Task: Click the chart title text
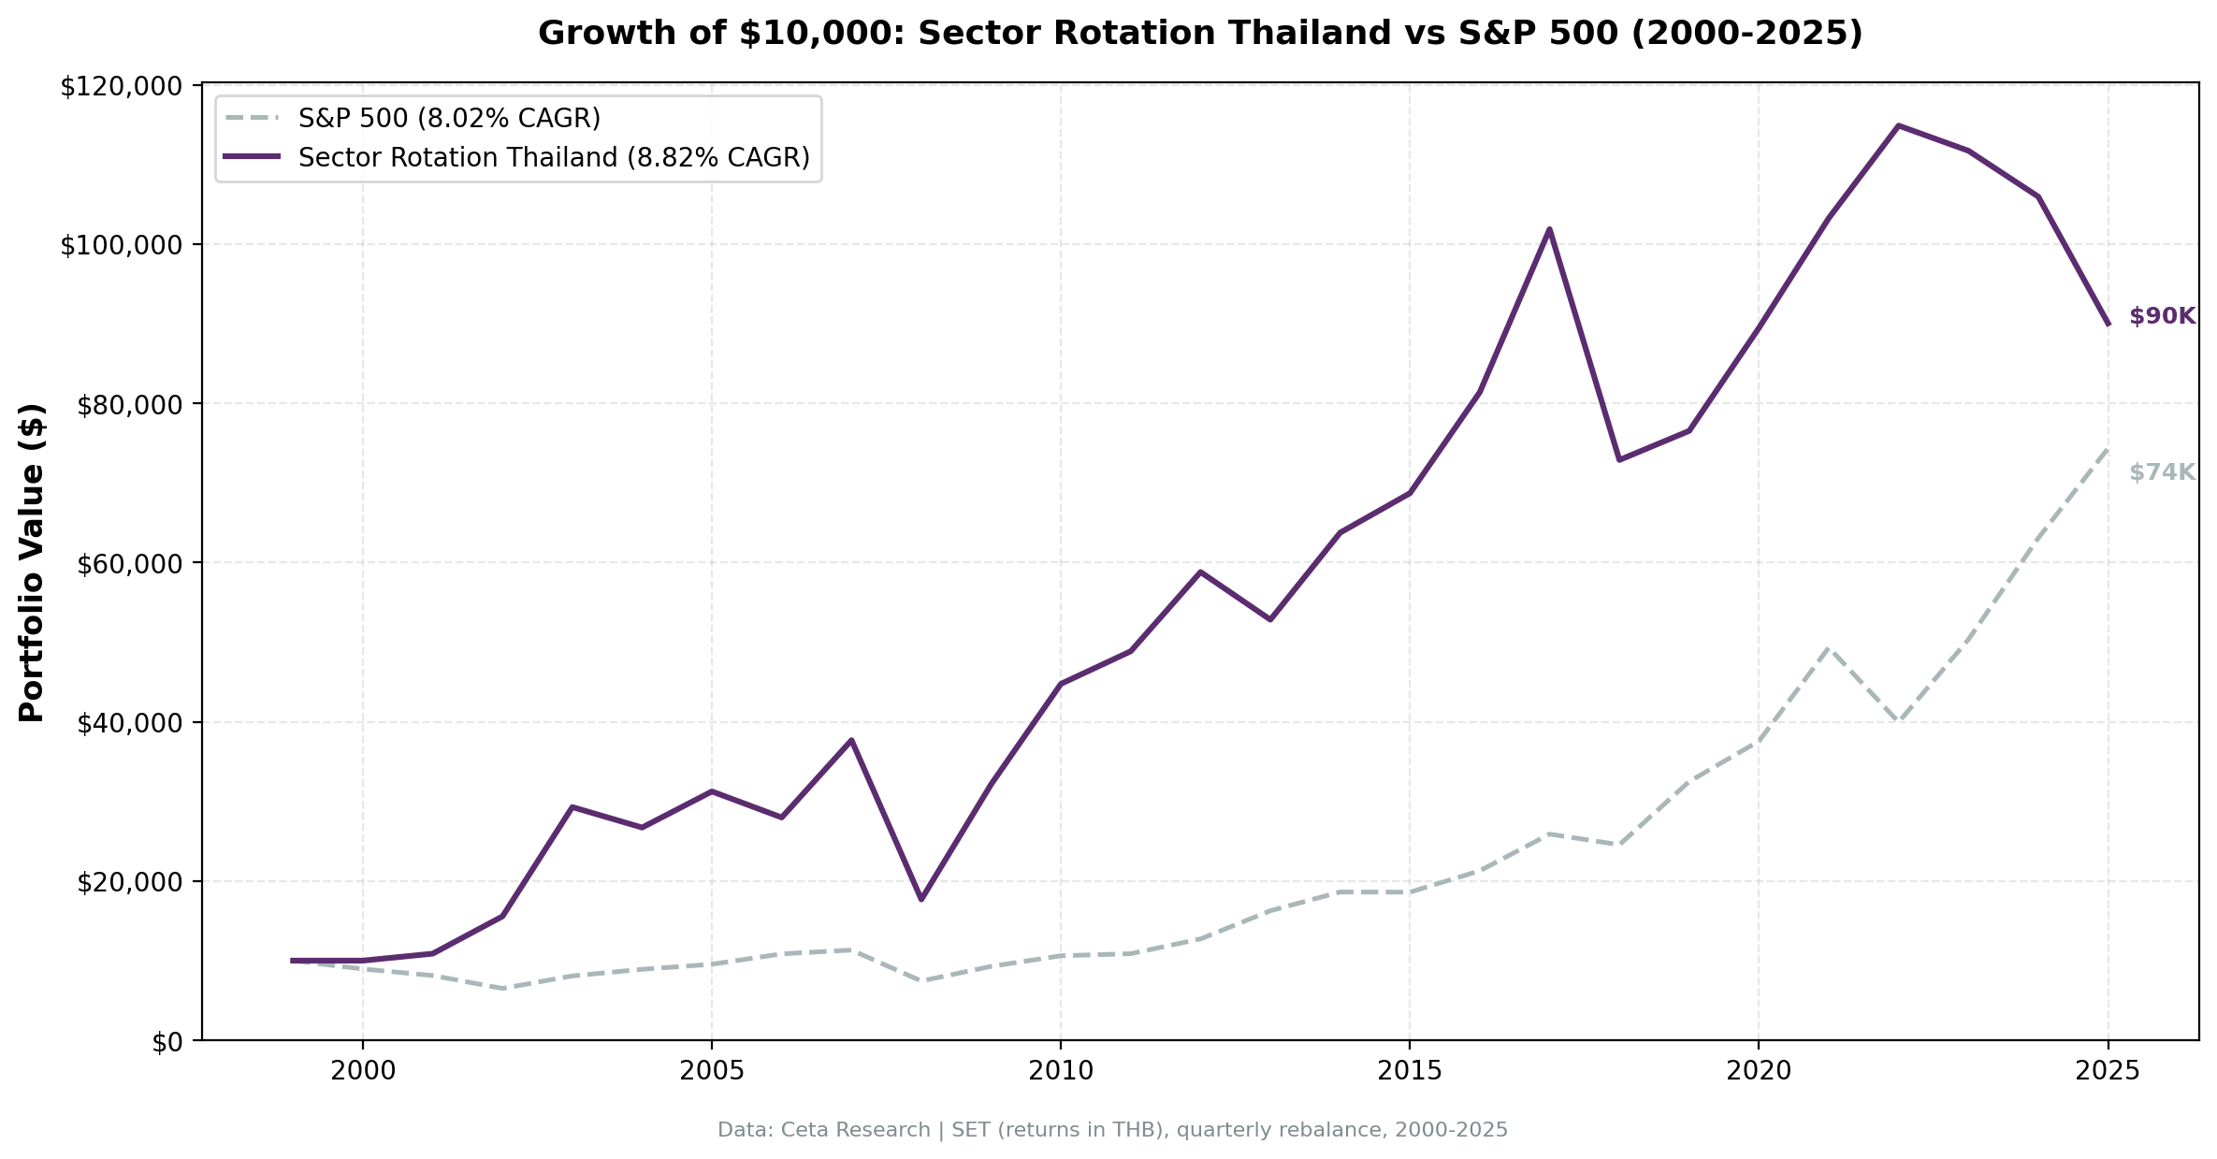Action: pos(1200,34)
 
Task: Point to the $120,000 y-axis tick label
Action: pos(120,87)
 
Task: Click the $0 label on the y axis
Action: pos(168,1042)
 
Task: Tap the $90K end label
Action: pos(2162,317)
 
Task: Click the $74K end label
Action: pos(2162,473)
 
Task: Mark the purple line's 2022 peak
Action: pos(1898,125)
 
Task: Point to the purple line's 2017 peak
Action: pos(1549,229)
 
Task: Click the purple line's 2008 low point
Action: pos(921,899)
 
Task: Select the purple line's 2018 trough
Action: pos(1619,459)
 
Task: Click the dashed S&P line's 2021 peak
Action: pos(1829,647)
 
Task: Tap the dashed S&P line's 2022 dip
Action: pos(1898,720)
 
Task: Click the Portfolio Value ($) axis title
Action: pos(32,563)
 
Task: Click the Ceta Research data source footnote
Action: pos(1112,1130)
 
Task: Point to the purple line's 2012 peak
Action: pos(1200,572)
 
